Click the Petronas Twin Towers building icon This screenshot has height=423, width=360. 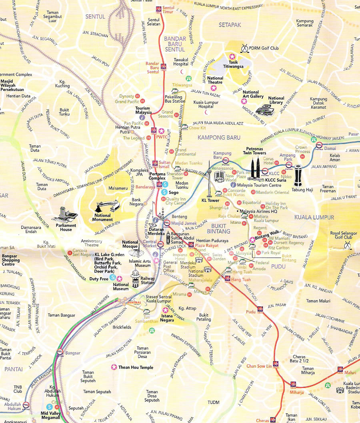(x=256, y=168)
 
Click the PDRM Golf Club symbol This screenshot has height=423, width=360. (x=244, y=49)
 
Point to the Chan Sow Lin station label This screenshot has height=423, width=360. (x=259, y=366)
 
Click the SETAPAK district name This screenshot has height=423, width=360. (x=230, y=25)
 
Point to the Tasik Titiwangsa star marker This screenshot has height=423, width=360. (x=231, y=57)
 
